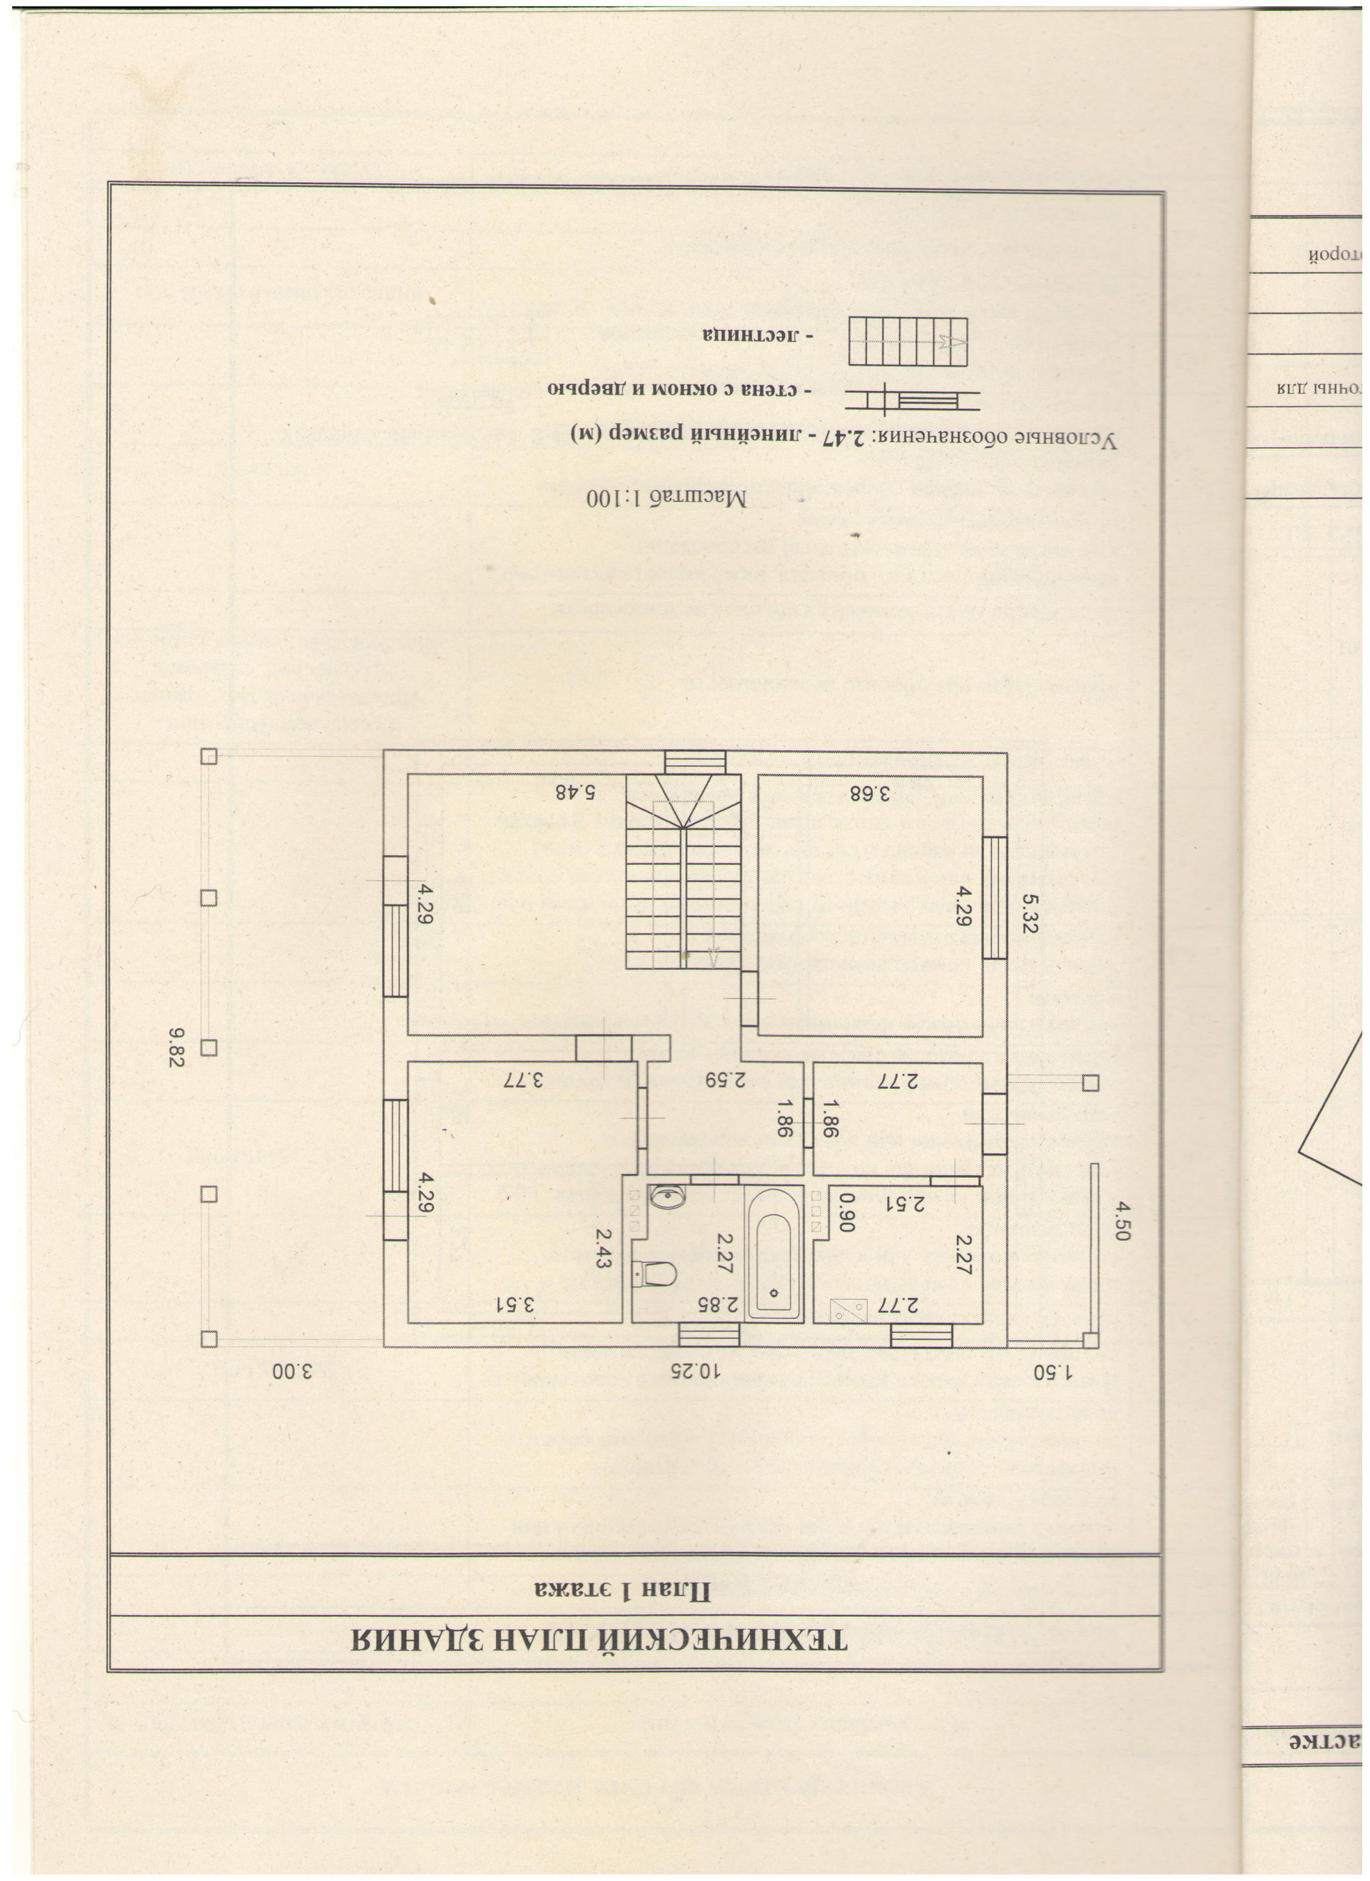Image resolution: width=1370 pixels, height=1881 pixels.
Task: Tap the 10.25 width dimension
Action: [x=697, y=1370]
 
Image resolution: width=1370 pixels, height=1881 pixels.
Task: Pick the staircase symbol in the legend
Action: [x=908, y=343]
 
